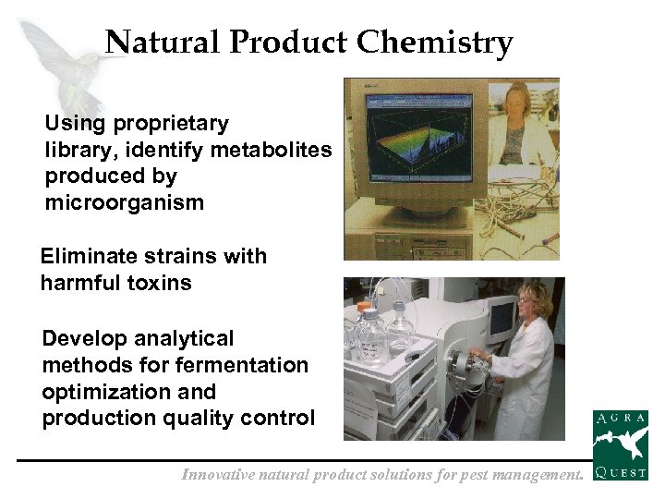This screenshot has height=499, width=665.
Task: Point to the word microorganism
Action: pos(125,202)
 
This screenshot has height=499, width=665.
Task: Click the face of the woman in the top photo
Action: pos(518,104)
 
